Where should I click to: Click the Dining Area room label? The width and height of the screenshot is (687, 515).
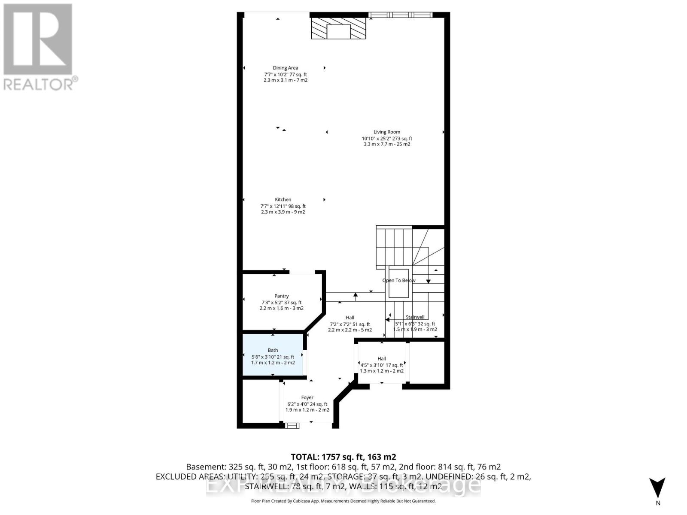point(285,68)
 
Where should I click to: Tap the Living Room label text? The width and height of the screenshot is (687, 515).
point(387,132)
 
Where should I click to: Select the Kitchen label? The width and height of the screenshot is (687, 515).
point(283,200)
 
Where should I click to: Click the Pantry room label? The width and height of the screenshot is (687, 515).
point(282,296)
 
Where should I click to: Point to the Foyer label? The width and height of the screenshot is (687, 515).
point(307,398)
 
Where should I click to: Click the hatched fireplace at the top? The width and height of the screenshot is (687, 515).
point(338,28)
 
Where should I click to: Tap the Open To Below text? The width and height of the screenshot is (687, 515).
point(399,281)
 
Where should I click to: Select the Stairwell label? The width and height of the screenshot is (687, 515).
point(415,317)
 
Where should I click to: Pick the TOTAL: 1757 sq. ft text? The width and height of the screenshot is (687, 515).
point(343,457)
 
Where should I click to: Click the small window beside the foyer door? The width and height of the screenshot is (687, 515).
point(292,425)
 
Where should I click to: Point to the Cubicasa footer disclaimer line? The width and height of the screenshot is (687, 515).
point(343,501)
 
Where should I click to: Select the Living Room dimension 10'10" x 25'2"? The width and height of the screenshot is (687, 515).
point(386,139)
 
